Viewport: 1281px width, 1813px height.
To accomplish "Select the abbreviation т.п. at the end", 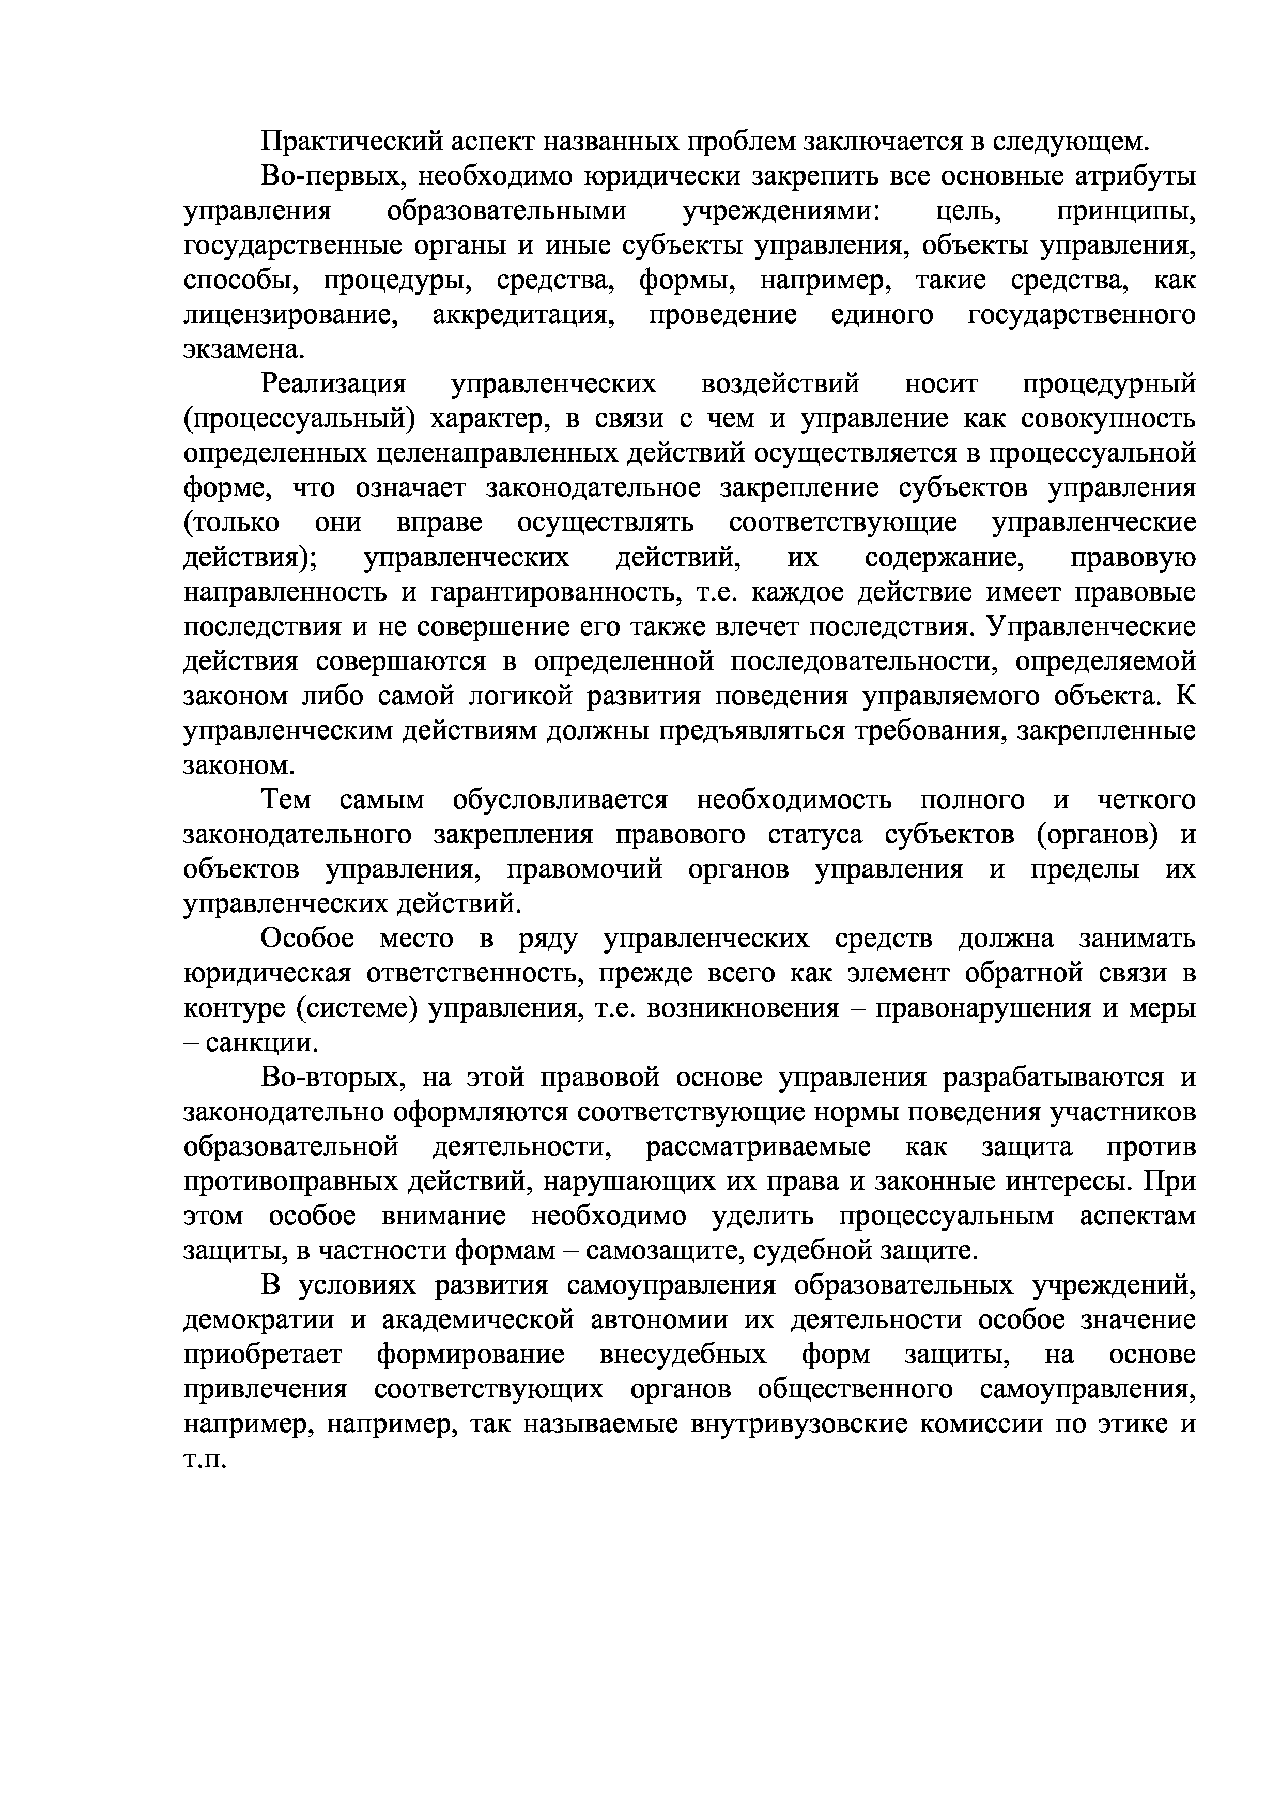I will (205, 1459).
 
